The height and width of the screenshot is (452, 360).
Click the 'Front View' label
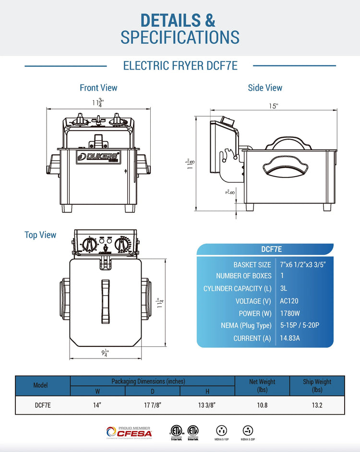pos(98,88)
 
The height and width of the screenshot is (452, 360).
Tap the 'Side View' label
pos(265,88)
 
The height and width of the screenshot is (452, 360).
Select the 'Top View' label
pos(40,235)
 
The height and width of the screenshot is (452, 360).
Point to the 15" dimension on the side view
pos(274,106)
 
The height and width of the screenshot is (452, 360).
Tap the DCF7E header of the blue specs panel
pos(271,249)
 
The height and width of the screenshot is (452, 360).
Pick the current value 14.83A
pos(291,338)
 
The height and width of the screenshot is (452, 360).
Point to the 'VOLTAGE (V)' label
pos(253,301)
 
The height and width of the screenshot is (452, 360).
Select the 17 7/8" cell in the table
pos(153,405)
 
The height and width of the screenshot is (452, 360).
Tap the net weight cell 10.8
pos(262,405)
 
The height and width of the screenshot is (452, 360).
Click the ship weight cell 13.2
pos(317,405)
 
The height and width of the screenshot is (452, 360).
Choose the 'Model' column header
pos(43,385)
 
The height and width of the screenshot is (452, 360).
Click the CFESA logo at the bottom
pos(129,432)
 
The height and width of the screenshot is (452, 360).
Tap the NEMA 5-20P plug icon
pos(248,430)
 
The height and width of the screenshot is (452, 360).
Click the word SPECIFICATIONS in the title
pos(180,37)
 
